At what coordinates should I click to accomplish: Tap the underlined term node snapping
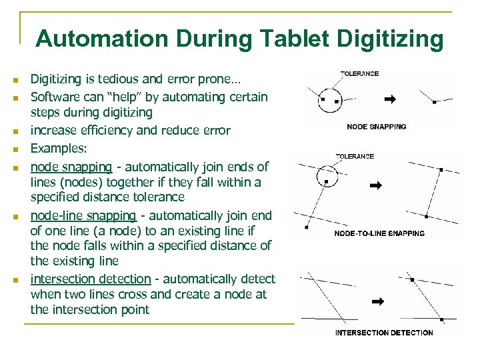pos(71,167)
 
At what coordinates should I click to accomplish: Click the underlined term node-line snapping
pos(83,216)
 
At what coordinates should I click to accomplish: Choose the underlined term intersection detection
pos(91,279)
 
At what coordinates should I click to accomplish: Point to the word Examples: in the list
pos(59,149)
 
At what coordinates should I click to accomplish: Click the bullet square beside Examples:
pos(15,150)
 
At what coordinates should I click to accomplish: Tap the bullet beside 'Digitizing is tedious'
pos(15,80)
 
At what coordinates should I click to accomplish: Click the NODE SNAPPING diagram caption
pos(377,127)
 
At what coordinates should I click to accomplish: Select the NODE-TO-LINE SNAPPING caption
pos(379,233)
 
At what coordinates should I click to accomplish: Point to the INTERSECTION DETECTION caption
pos(384,333)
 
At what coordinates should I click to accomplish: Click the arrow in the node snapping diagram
pos(390,99)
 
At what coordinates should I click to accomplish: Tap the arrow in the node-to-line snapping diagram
pos(376,185)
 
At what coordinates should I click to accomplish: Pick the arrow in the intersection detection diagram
pos(378,301)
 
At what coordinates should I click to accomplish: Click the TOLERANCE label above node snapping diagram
pos(360,74)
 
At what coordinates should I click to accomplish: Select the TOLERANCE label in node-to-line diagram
pos(355,157)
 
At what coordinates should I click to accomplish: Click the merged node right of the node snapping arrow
pos(434,102)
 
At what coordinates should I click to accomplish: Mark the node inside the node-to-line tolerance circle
pos(326,182)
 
